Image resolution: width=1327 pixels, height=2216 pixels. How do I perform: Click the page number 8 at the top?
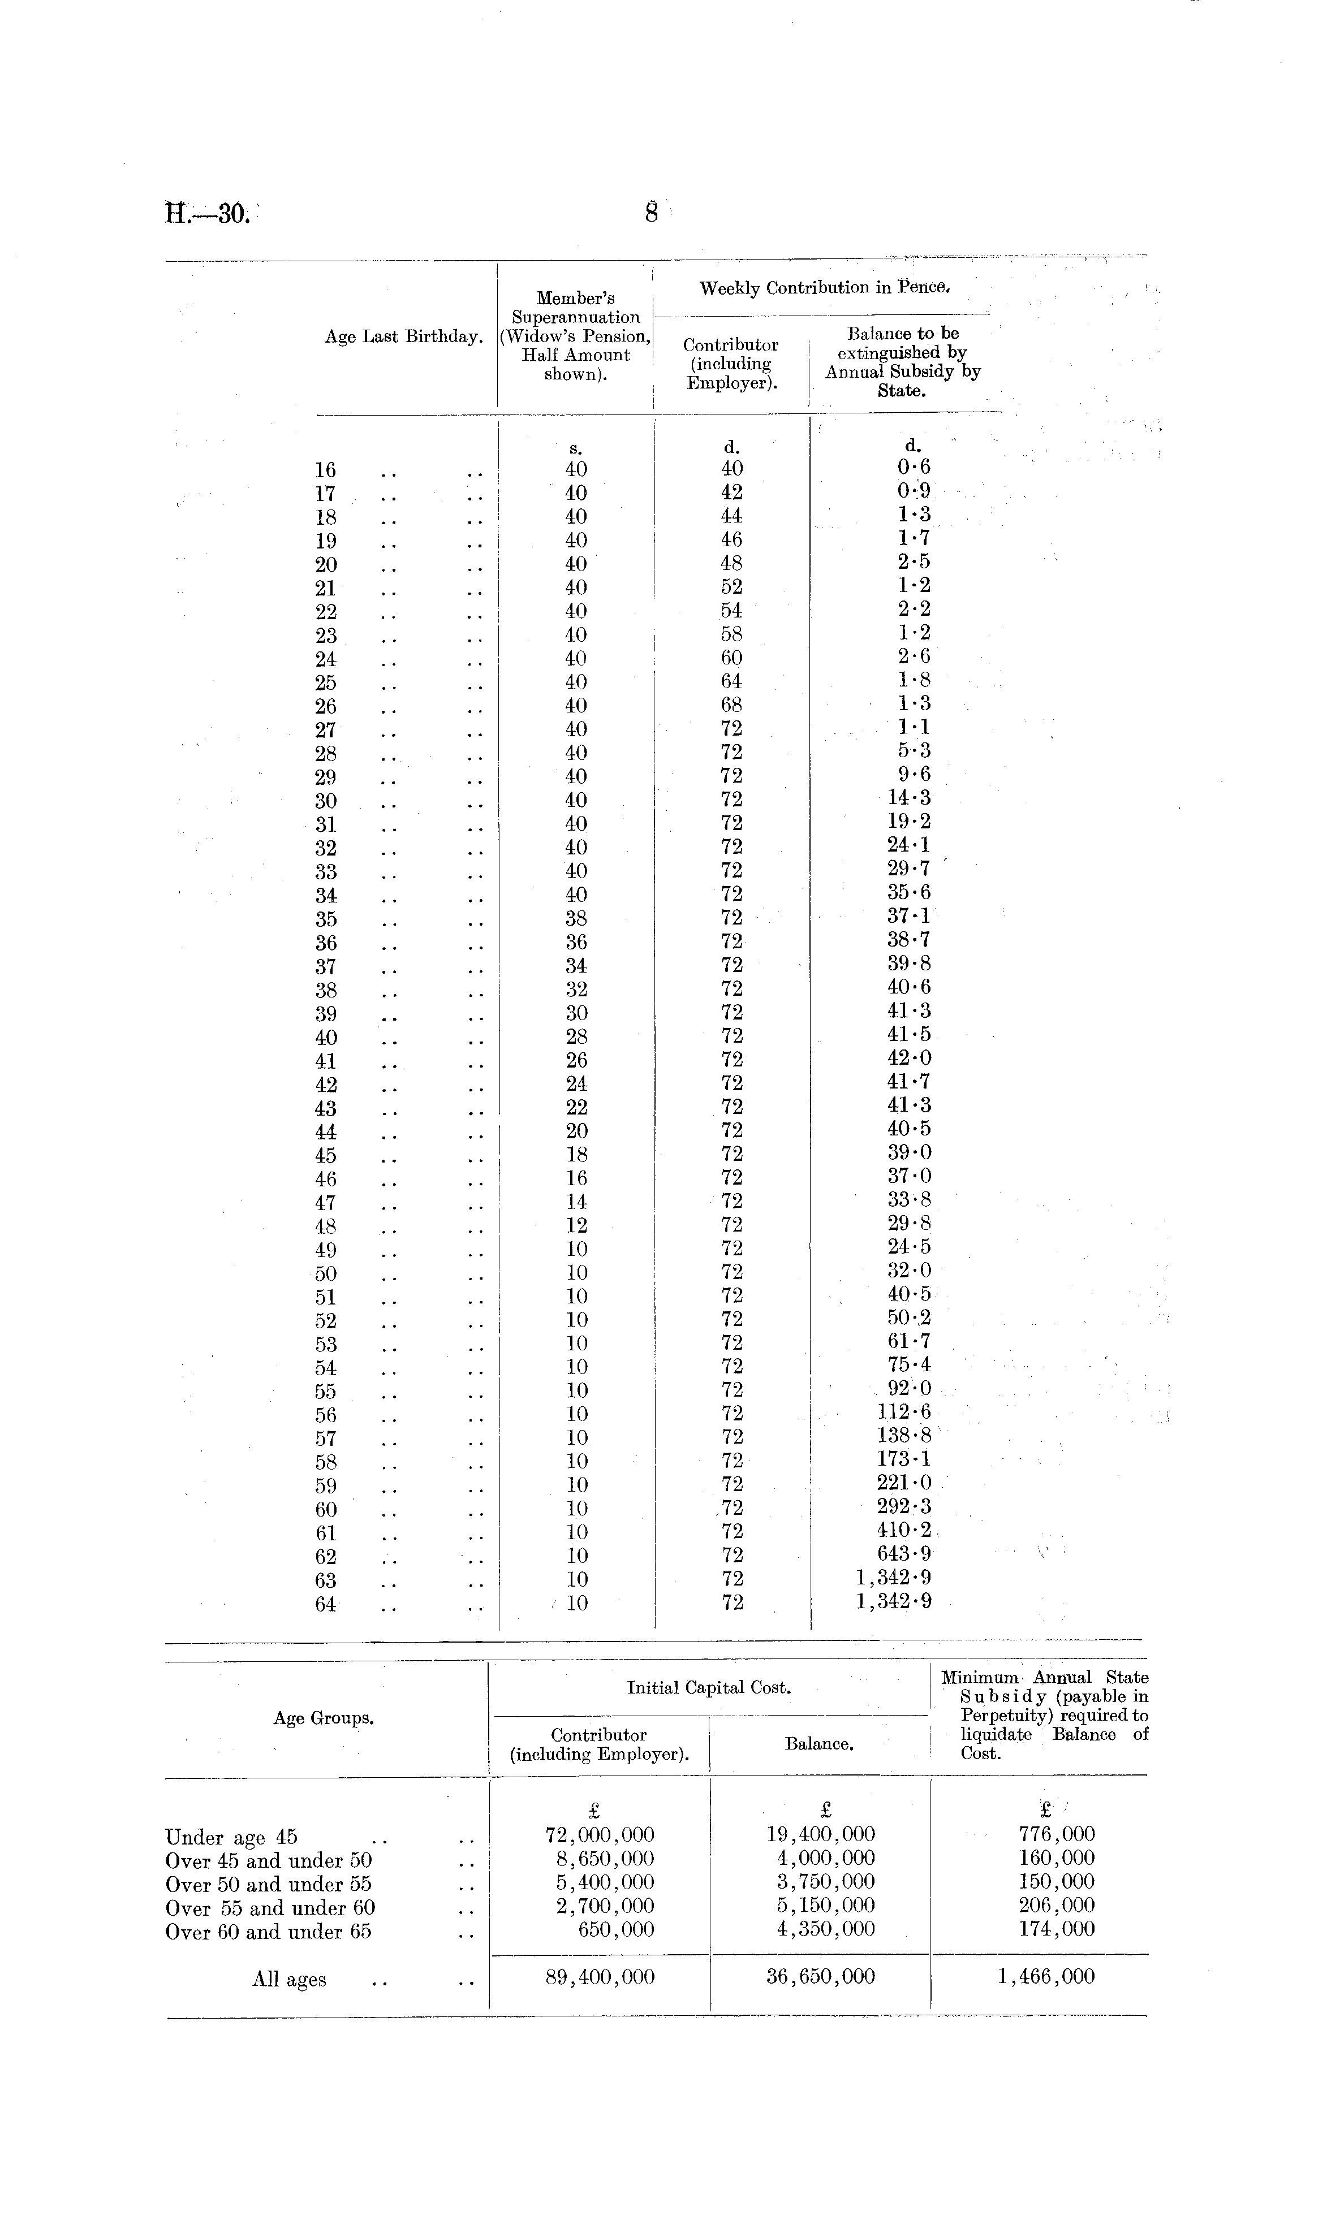pos(652,214)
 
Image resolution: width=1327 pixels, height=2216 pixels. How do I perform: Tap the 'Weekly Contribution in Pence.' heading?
pos(824,288)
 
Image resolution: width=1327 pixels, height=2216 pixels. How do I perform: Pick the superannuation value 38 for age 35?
pos(577,919)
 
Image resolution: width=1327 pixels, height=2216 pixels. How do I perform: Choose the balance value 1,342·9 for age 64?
pos(893,1602)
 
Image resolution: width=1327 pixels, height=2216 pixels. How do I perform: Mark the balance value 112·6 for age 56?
pos(903,1412)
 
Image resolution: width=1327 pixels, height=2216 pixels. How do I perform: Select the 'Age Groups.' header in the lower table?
pos(324,1718)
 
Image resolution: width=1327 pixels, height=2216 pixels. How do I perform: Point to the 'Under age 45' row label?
pos(231,1838)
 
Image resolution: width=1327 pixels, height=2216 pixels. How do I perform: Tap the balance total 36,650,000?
pos(820,1976)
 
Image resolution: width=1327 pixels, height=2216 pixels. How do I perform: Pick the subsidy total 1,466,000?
pos(1045,1976)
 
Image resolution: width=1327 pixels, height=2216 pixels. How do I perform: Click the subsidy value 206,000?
pos(1056,1906)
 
